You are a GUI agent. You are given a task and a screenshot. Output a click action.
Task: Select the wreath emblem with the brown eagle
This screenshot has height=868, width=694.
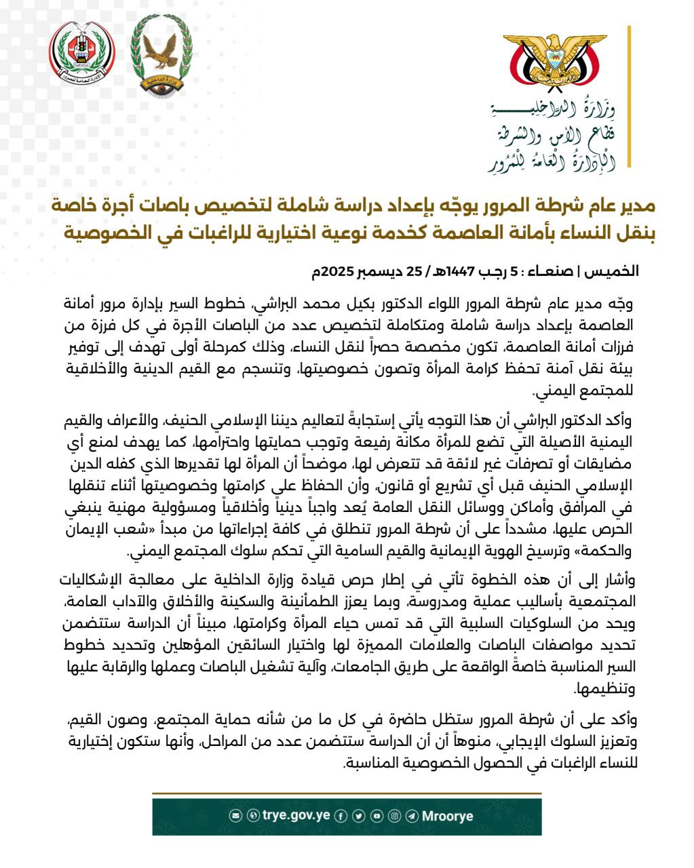point(161,54)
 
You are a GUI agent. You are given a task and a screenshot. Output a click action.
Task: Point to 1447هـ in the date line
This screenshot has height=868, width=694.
point(455,271)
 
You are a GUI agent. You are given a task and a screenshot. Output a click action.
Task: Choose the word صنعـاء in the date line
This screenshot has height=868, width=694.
point(559,271)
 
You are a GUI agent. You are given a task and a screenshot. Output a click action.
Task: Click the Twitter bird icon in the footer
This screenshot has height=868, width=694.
point(359,816)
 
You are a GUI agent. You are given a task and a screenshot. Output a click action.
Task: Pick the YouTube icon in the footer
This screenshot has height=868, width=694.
point(377,816)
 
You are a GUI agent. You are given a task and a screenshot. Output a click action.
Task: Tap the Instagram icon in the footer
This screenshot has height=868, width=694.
point(394,816)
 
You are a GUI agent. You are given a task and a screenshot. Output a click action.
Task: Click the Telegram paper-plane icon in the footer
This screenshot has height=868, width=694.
point(412,816)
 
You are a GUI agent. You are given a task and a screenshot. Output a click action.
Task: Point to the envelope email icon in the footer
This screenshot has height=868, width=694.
point(236,816)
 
